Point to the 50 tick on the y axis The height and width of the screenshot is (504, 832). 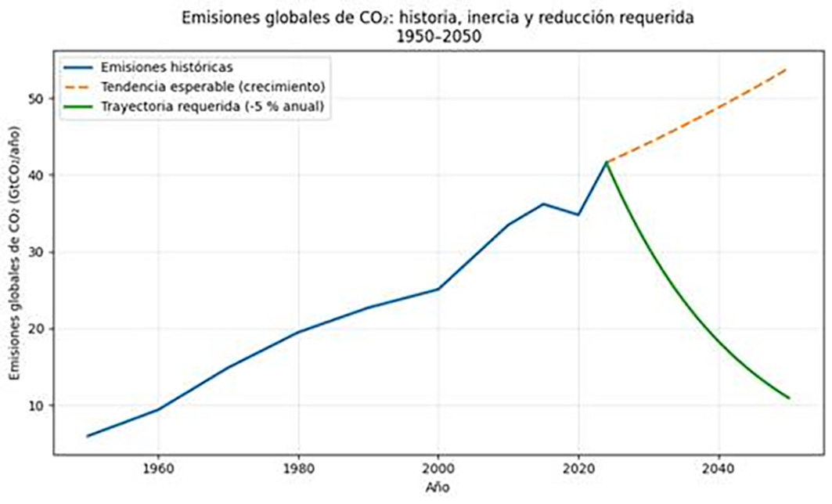(x=37, y=99)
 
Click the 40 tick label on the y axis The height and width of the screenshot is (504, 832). (x=37, y=175)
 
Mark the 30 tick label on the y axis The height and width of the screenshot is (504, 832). (x=37, y=252)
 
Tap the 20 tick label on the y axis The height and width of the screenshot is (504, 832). (x=37, y=329)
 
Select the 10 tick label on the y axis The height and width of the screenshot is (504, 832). (x=37, y=405)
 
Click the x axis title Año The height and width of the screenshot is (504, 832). (x=439, y=489)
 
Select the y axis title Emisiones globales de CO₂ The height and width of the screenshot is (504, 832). (x=16, y=258)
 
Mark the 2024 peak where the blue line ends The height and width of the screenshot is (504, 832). (x=607, y=162)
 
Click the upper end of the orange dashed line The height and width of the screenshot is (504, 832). (x=788, y=69)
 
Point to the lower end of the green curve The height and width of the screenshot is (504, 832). (x=789, y=398)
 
